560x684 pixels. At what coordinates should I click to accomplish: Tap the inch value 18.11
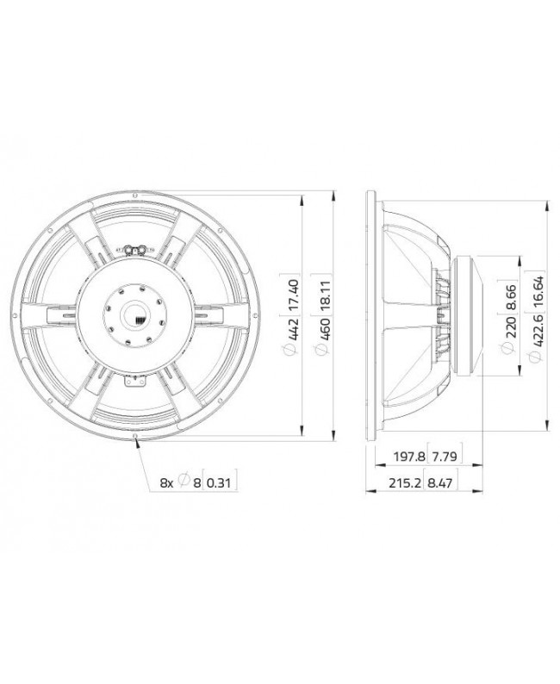coord(321,291)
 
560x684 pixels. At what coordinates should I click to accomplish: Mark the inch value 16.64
coord(537,288)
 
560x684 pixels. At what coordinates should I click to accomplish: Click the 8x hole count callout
coord(167,484)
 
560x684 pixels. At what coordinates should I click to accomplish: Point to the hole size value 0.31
coord(220,484)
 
